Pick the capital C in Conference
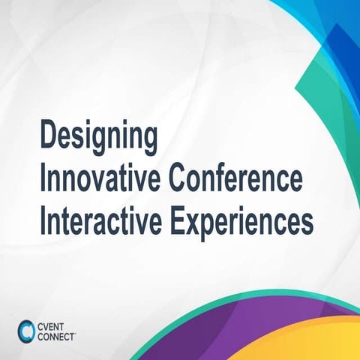click(177, 180)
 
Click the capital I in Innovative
click(43, 180)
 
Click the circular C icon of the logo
click(25, 330)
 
